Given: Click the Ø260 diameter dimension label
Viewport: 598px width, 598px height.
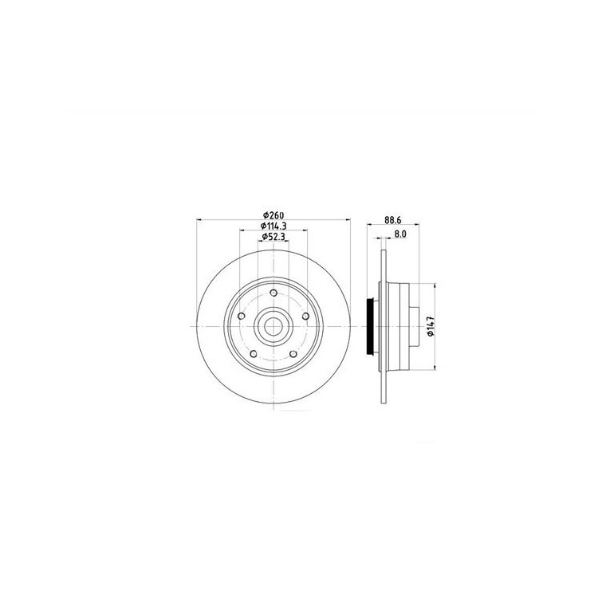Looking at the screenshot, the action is (x=273, y=215).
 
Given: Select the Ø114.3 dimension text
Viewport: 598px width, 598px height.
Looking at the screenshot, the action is (x=273, y=226).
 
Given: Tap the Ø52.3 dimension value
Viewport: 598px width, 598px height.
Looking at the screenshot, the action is (x=273, y=237).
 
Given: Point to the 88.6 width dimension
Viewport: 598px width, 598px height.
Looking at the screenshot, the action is (x=393, y=220).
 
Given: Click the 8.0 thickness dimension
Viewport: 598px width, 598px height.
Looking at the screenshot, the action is (x=399, y=234).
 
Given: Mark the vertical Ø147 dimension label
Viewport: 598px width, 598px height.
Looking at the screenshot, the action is (x=431, y=326).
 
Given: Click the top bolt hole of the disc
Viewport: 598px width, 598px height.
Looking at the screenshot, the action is (x=273, y=293).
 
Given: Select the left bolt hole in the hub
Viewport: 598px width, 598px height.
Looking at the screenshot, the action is (x=241, y=317).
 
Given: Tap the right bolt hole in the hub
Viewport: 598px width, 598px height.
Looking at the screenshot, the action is (x=305, y=317).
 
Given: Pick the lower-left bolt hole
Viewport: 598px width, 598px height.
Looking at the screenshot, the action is (x=254, y=354).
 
